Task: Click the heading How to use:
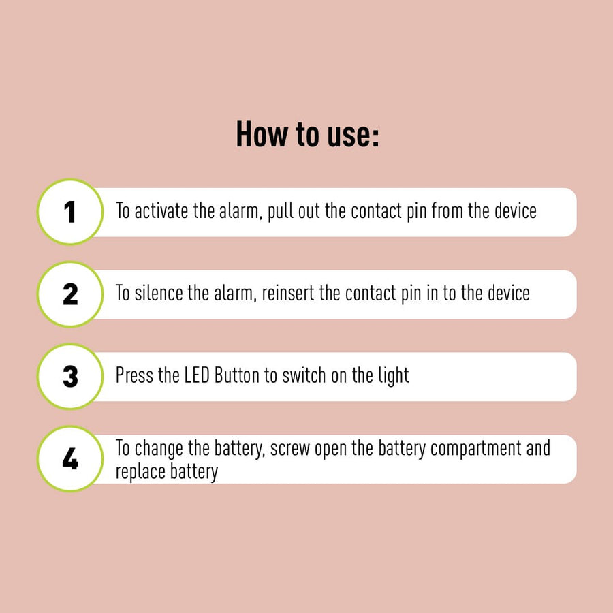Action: (307, 134)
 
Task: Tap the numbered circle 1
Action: (70, 212)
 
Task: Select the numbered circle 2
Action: (70, 294)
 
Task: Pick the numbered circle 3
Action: (70, 377)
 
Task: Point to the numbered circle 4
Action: (70, 458)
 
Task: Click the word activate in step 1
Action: (161, 211)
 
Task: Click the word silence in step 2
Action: (158, 293)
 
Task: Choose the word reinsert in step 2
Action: (287, 293)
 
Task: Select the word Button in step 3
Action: (237, 376)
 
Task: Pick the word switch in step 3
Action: (304, 376)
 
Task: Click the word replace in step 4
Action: (140, 472)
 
